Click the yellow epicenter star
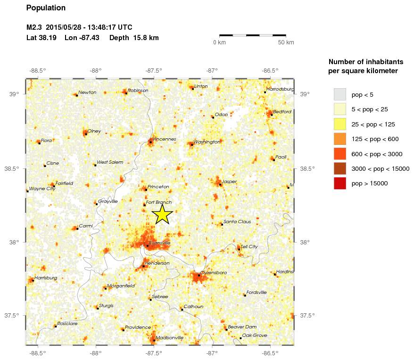point(162,214)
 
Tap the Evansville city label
point(159,243)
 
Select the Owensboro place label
point(214,272)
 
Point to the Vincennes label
point(164,139)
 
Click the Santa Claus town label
point(238,221)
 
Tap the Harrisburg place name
point(46,278)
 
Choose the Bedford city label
point(282,111)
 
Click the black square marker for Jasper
point(220,184)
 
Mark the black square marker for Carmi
point(77,229)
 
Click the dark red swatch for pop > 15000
point(339,183)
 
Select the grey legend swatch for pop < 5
point(339,94)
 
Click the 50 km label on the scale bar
point(286,42)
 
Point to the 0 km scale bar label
point(220,42)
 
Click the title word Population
point(46,8)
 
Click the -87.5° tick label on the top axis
point(154,71)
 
